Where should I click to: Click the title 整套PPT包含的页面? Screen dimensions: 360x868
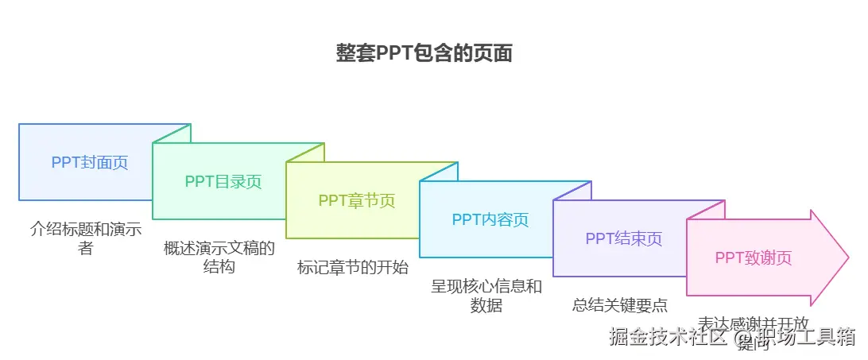(424, 53)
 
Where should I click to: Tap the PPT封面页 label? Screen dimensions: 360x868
(90, 162)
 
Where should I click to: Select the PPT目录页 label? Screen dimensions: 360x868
(223, 181)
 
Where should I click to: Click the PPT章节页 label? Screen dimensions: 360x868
(357, 200)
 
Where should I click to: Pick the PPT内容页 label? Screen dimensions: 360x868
(490, 219)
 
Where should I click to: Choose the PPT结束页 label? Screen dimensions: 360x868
(624, 238)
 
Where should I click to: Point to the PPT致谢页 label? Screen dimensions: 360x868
(754, 257)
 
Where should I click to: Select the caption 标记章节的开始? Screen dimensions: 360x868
(353, 268)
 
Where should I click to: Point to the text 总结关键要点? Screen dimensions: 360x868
(620, 305)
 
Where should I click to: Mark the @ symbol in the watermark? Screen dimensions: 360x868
(743, 339)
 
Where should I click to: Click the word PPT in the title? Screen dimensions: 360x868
(389, 53)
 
